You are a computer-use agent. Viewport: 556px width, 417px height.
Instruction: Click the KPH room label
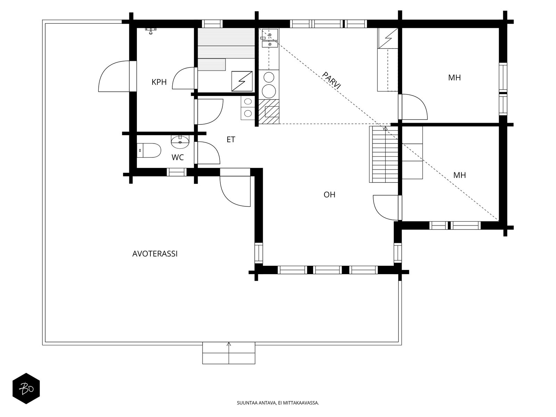159,82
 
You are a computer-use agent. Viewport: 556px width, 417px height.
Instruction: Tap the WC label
178,157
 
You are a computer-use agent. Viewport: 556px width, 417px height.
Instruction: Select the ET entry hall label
231,140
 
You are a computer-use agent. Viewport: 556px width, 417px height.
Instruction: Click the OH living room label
329,195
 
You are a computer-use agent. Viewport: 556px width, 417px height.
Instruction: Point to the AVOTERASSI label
155,254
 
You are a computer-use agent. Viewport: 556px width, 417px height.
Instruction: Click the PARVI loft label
332,81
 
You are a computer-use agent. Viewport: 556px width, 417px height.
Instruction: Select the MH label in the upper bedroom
454,78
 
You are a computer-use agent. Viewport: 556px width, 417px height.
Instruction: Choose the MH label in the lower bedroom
459,175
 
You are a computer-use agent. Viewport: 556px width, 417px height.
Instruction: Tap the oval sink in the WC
180,141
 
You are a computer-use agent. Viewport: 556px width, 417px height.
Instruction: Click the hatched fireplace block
269,112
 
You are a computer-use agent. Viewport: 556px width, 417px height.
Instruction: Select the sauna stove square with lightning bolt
242,81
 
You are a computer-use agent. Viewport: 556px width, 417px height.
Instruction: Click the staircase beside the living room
383,154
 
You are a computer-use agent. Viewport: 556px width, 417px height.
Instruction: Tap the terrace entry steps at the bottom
229,353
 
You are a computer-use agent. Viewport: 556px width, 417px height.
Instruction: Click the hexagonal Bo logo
26,388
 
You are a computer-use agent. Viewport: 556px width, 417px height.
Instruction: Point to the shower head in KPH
150,31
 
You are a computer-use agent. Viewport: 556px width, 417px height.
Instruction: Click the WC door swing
208,153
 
